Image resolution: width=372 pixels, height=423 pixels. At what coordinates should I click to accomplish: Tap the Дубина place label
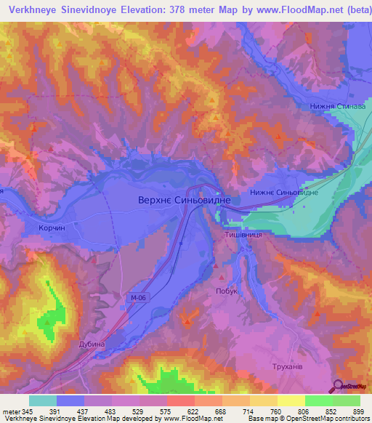[92, 344]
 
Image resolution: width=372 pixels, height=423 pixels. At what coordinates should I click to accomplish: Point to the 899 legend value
[358, 412]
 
